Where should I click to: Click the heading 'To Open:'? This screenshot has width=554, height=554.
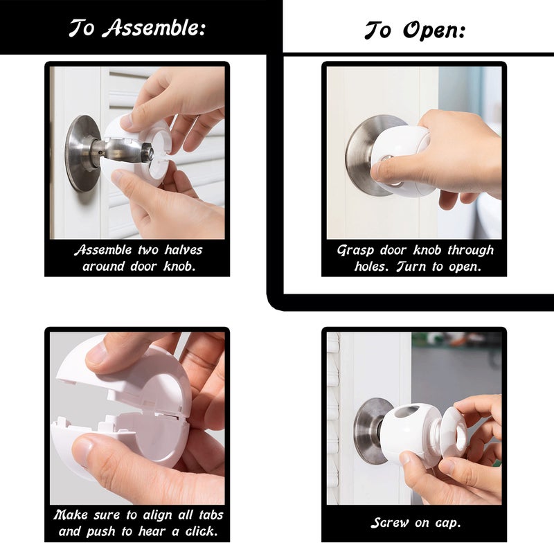pos(414,30)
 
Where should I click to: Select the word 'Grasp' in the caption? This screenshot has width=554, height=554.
pos(355,250)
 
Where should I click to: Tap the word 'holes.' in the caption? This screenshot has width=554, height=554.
pos(375,266)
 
